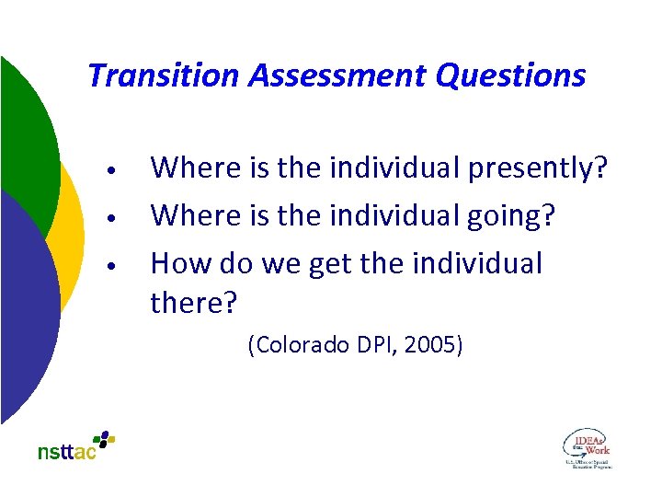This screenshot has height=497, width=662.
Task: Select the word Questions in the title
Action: click(x=510, y=75)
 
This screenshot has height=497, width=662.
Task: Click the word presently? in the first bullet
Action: click(x=538, y=169)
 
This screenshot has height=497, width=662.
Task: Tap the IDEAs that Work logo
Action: click(x=587, y=448)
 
